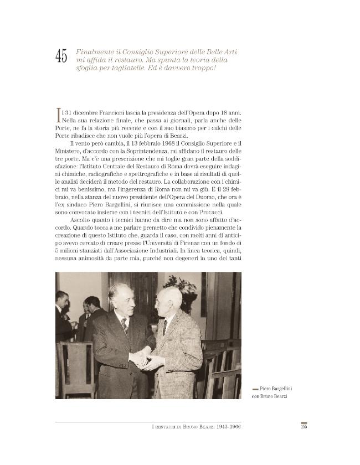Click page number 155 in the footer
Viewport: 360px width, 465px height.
pos(303,426)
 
